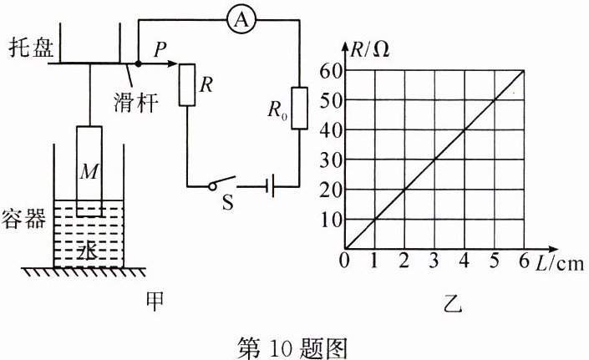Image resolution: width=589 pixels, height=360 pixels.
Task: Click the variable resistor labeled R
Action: [x=187, y=85]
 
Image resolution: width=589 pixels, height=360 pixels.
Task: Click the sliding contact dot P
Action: [x=138, y=63]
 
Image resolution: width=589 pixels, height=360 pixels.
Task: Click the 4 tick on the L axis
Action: [x=464, y=261]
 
